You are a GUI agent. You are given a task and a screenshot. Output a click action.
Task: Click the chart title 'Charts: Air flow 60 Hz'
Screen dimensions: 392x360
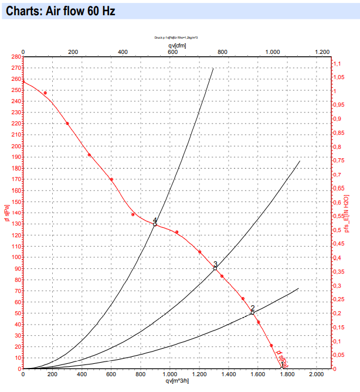pyautogui.click(x=61, y=11)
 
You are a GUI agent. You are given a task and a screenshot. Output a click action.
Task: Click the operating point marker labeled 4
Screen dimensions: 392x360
pyautogui.click(x=155, y=224)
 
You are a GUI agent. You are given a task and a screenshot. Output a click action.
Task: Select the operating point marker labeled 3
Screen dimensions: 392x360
pyautogui.click(x=215, y=268)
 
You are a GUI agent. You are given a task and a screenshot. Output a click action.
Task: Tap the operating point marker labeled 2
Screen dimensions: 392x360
pyautogui.click(x=253, y=313)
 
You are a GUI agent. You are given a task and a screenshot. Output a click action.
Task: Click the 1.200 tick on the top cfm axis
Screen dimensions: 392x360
pyautogui.click(x=322, y=52)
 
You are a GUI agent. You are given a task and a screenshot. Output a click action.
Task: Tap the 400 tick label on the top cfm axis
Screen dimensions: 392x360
pyautogui.click(x=123, y=52)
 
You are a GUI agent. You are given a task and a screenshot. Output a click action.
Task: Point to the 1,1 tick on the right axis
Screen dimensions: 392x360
pyautogui.click(x=337, y=63)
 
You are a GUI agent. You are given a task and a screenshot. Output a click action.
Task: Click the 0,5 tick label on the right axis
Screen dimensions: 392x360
pyautogui.click(x=338, y=230)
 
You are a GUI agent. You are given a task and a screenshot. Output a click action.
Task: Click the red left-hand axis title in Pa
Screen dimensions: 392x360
pyautogui.click(x=6, y=213)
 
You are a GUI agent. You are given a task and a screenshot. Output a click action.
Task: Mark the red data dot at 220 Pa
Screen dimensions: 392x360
pyautogui.click(x=67, y=124)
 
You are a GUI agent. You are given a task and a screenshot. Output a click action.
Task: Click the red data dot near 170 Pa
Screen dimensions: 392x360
pyautogui.click(x=111, y=179)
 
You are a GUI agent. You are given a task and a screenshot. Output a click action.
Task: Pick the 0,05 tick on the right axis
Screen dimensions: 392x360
pyautogui.click(x=339, y=355)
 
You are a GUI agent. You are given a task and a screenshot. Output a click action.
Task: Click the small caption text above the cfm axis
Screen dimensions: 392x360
pyautogui.click(x=176, y=37)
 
